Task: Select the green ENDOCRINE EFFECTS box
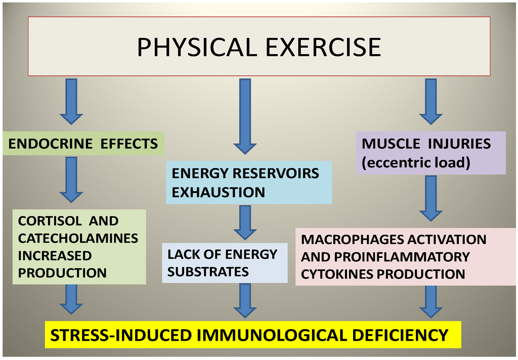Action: point(83,144)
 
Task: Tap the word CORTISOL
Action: point(43,221)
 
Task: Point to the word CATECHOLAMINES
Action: point(78,238)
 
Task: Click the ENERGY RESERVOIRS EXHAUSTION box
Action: point(248,182)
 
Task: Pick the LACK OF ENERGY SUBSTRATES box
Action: point(225,263)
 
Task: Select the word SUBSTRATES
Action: point(208,272)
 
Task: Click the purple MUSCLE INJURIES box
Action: point(430,153)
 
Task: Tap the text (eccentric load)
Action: point(416,163)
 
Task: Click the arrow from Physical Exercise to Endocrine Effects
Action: point(71,101)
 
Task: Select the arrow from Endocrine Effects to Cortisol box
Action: point(71,179)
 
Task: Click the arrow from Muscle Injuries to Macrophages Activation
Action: point(430,197)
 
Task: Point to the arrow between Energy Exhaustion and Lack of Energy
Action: point(245,223)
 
